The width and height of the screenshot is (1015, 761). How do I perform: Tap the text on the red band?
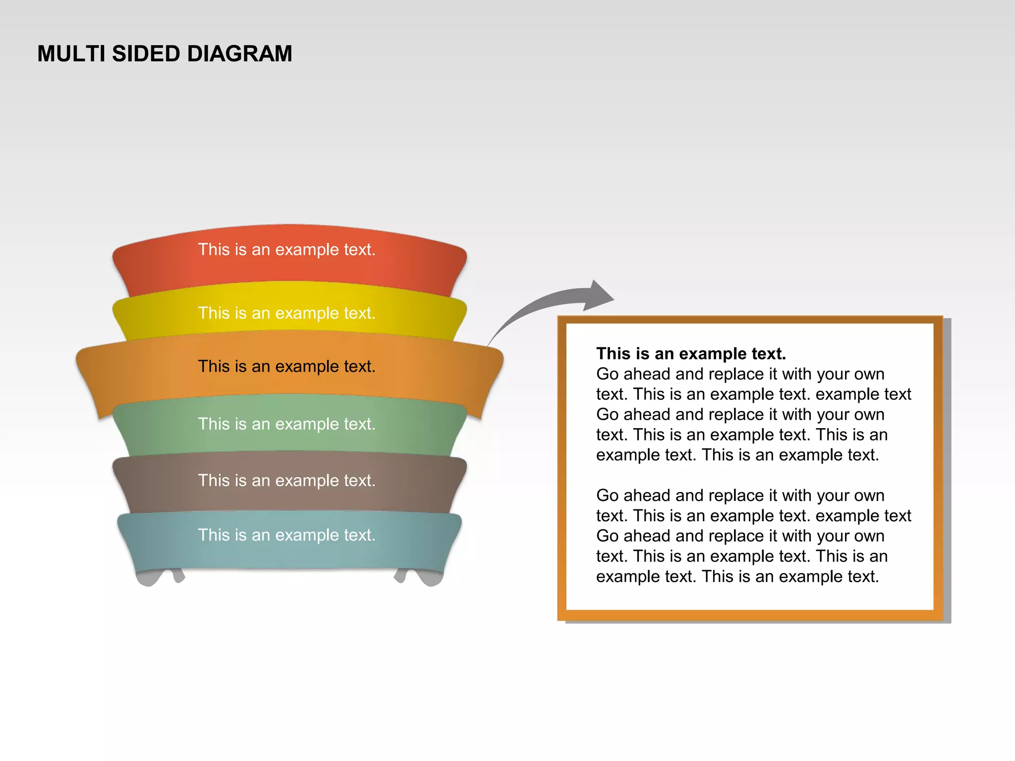point(286,250)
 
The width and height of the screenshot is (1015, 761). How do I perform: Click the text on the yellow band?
point(286,313)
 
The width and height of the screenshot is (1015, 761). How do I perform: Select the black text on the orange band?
point(286,367)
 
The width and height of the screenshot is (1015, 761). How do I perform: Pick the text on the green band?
point(286,424)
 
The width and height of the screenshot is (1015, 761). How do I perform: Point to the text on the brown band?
point(286,481)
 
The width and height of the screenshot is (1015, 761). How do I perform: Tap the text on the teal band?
point(286,535)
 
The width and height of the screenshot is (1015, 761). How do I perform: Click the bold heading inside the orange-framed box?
point(691,354)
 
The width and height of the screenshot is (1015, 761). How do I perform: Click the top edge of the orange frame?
point(749,320)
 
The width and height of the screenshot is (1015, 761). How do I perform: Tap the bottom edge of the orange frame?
point(749,615)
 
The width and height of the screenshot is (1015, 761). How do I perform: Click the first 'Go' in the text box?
point(607,374)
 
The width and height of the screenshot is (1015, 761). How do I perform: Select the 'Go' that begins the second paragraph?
point(607,495)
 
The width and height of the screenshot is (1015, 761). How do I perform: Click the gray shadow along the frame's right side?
point(947,471)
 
